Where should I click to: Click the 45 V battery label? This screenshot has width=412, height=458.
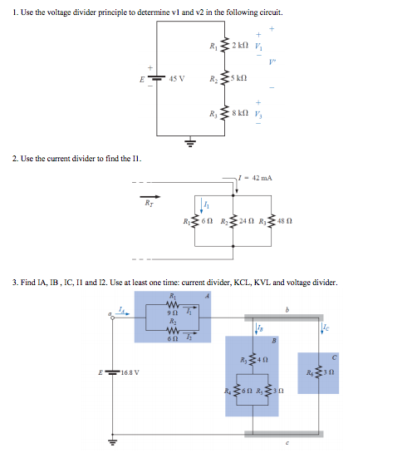tap(176, 80)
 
